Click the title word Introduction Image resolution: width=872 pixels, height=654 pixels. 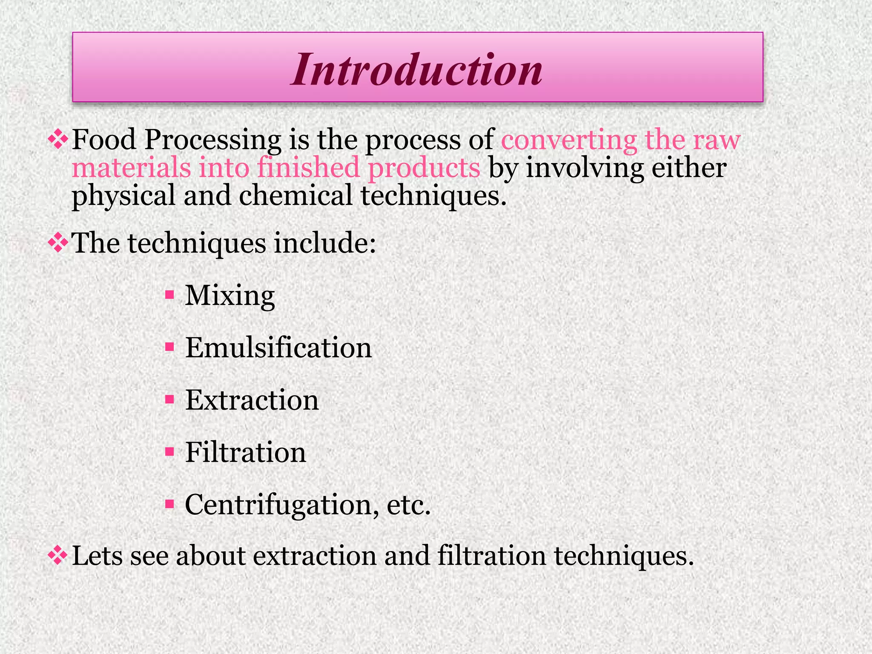(417, 69)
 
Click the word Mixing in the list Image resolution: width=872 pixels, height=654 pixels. (230, 295)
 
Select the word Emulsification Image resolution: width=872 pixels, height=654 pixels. (278, 348)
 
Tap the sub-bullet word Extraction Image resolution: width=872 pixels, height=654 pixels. (252, 400)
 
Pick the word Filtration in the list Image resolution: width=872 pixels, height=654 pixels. (246, 452)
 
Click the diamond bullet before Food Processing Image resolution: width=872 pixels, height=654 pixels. (57, 140)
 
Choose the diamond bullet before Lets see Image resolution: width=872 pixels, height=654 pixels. (57, 556)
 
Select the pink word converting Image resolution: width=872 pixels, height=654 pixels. (569, 141)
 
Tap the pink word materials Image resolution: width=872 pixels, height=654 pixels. (131, 167)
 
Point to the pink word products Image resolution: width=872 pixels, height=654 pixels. (424, 168)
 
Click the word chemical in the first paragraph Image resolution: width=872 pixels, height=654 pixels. (295, 196)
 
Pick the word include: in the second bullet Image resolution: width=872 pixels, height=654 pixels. (325, 243)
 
